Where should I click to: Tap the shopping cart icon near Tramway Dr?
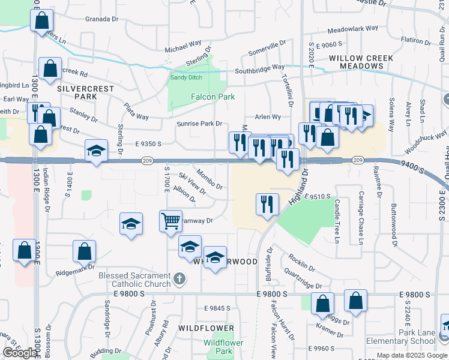[170, 221]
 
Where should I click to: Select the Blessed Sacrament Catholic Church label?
[134, 280]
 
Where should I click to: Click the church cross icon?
[179, 278]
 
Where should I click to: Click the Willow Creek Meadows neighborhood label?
[361, 62]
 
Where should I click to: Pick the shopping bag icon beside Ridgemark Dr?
[84, 251]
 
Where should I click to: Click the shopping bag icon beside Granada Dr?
[41, 20]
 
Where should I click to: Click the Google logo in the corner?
[20, 353]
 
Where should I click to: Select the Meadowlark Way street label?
[353, 28]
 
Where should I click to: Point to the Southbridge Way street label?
[259, 68]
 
